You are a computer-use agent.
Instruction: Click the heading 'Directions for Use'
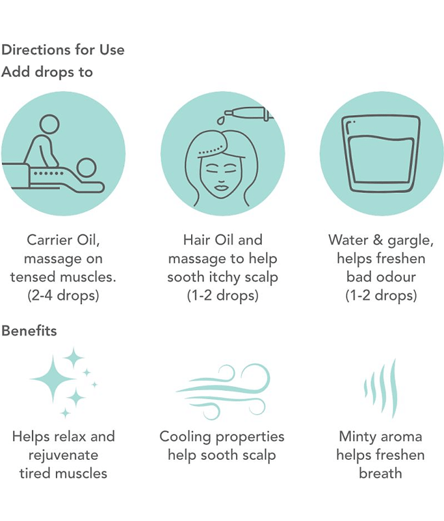point(63,50)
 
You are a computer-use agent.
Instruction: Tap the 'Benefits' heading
point(29,331)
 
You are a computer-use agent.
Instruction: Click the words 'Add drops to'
point(47,72)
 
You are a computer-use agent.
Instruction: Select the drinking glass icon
point(381,154)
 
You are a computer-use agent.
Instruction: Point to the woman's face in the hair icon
point(221,176)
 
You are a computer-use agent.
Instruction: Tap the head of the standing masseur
point(49,124)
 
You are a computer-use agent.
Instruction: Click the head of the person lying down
point(86,167)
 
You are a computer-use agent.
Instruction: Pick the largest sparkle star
point(53,378)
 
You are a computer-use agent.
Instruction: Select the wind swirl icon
point(223,391)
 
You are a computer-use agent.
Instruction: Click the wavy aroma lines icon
point(381,388)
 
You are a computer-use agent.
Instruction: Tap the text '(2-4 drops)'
point(63,296)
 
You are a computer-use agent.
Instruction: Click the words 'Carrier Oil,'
point(63,240)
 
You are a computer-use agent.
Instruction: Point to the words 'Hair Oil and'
point(223,240)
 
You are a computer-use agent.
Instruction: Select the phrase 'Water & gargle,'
point(381,240)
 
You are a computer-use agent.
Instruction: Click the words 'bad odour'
point(381,277)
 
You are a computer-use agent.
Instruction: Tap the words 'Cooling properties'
point(222,437)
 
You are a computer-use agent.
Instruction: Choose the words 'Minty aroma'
point(381,436)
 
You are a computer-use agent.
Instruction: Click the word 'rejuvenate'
point(63,455)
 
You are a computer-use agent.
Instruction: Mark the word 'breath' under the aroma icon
point(381,473)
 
